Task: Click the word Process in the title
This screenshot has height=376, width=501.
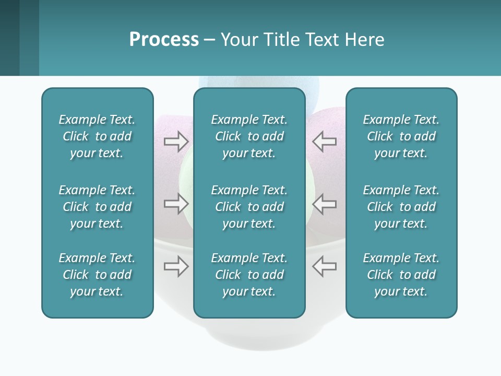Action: [x=164, y=40]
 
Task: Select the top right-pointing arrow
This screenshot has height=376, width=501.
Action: [x=176, y=141]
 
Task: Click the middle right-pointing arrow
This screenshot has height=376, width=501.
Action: [x=176, y=203]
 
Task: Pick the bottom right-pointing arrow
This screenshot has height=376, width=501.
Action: [x=176, y=266]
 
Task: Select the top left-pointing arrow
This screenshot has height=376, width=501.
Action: [x=324, y=141]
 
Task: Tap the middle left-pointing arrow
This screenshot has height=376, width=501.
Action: [x=324, y=203]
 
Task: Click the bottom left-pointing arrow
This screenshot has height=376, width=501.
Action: [x=324, y=266]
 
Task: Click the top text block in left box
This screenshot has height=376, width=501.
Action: [x=97, y=136]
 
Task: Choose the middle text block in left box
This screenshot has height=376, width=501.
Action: [x=97, y=207]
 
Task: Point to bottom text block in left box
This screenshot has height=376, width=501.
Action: [x=97, y=275]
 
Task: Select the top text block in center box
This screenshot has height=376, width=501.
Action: [x=249, y=136]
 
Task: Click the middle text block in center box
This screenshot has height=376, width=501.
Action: [x=249, y=207]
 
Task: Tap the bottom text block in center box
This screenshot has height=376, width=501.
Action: [x=249, y=275]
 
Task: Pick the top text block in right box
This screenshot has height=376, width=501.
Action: [x=401, y=136]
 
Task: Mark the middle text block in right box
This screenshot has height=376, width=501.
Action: [x=401, y=207]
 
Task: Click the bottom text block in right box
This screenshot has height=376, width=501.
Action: [x=401, y=275]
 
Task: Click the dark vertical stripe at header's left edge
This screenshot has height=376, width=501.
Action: [x=9, y=38]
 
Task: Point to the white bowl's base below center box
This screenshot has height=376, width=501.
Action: [x=249, y=337]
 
